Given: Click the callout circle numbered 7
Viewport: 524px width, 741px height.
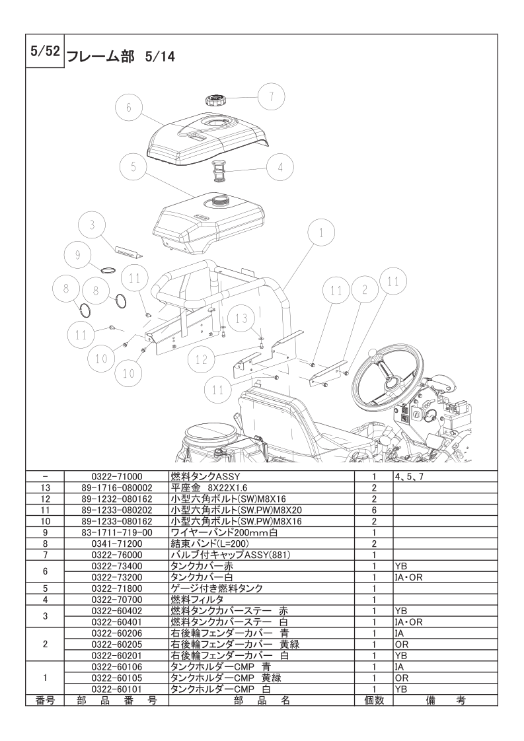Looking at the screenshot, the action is coord(272,97).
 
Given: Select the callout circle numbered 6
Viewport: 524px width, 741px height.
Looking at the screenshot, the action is coord(129,108).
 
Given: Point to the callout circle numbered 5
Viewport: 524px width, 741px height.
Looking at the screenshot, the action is coord(133,167).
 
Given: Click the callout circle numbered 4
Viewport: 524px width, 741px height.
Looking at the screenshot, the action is coord(280,167).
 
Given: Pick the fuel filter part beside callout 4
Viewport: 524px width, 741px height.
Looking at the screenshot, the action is coord(218,171).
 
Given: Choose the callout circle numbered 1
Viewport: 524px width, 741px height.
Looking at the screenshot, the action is coord(321,233).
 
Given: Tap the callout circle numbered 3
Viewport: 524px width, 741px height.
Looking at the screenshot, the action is coord(93,225).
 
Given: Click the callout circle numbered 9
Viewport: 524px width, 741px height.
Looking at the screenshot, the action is coord(78,255).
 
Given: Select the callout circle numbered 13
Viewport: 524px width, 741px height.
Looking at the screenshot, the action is coord(242,318).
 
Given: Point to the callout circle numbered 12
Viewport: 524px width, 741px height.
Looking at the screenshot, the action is coord(202,360).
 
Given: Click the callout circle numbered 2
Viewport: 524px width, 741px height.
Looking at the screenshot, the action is coord(364,290).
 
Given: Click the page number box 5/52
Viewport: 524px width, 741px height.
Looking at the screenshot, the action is coord(44,51).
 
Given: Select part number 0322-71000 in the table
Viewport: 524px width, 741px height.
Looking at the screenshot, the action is coord(116,476).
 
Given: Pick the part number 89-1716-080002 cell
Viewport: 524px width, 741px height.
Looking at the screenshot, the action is coord(116,487).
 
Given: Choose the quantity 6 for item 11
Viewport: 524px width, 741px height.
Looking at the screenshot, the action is coord(373,511).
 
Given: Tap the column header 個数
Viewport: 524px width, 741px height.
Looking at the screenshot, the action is coord(373,701).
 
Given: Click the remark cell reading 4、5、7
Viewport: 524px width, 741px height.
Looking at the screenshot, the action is coord(409,476).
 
